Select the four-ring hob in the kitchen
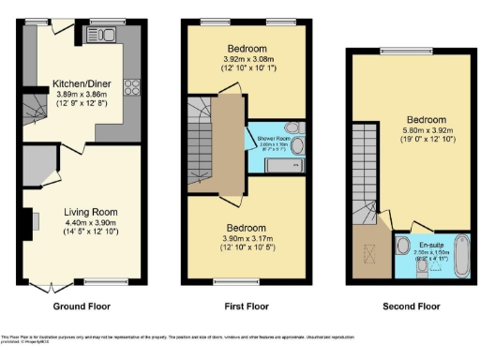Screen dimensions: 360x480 click(x=132, y=88)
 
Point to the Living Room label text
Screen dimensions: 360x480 click(x=82, y=212)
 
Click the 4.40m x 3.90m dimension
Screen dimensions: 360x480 click(x=82, y=221)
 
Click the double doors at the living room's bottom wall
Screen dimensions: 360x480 click(x=43, y=282)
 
